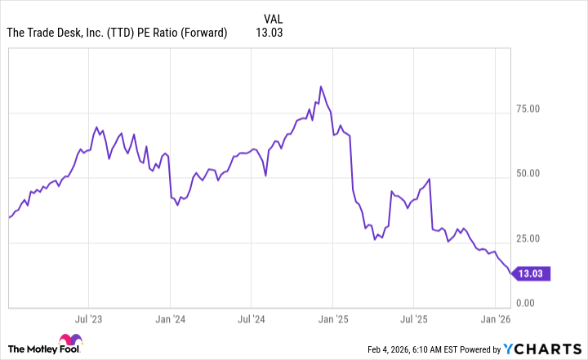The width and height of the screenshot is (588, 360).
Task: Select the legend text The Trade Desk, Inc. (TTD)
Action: coord(67,33)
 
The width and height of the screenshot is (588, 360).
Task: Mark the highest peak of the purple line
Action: coord(321,87)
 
